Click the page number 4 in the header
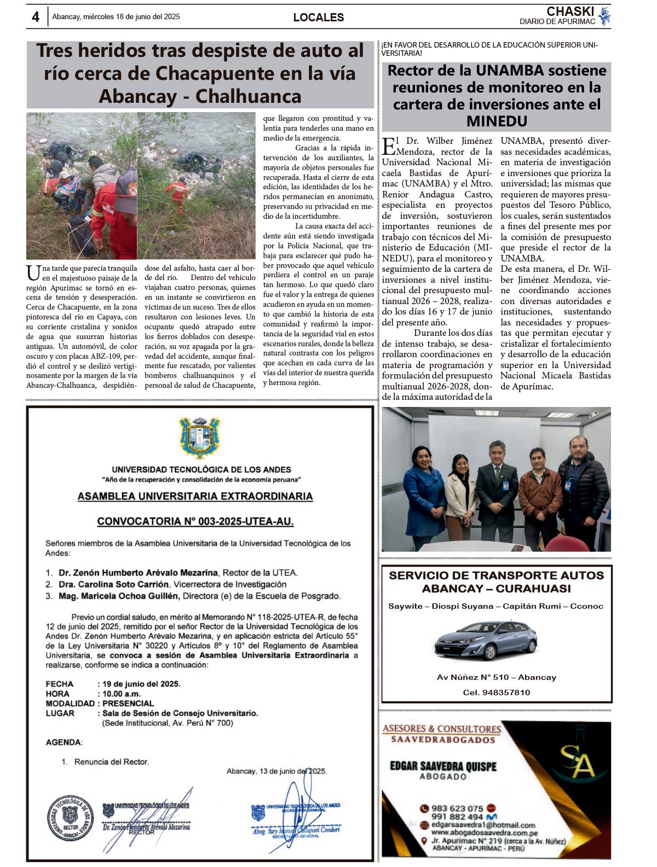click(36, 17)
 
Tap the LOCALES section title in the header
click(318, 18)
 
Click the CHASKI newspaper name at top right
click(570, 11)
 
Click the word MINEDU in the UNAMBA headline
click(497, 121)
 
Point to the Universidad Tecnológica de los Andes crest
click(200, 438)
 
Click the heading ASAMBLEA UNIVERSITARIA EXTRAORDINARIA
click(195, 497)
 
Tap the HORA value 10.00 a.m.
click(122, 694)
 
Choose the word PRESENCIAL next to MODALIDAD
click(128, 703)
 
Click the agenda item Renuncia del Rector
click(112, 761)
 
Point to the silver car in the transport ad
click(486, 641)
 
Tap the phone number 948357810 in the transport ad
click(506, 693)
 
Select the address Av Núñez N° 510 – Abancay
click(496, 677)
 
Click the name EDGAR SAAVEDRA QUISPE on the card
click(443, 766)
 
